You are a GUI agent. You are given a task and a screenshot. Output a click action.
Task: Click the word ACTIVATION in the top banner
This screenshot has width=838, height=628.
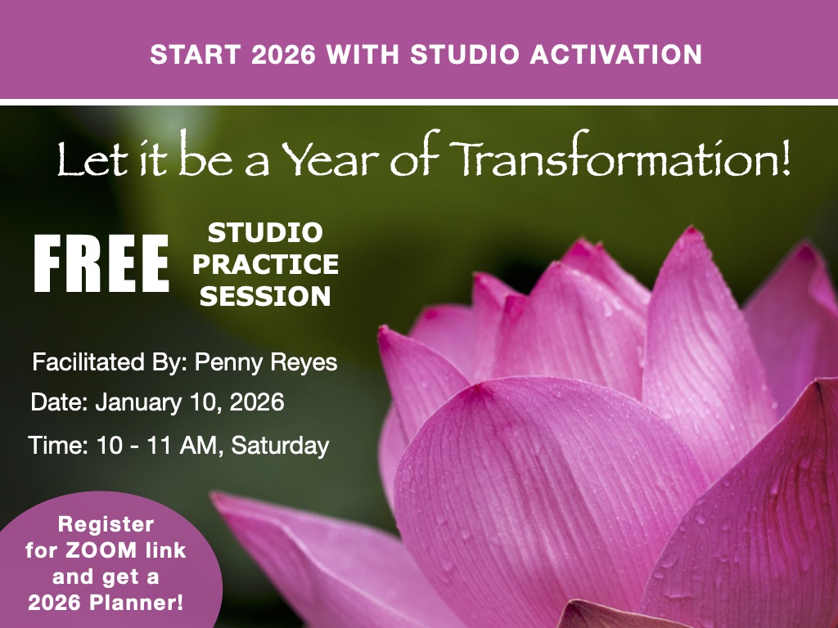point(616,55)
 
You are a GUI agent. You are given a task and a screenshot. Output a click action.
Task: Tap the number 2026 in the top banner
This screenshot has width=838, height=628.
point(283,55)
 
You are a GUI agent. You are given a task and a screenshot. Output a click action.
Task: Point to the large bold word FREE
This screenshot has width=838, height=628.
point(101,263)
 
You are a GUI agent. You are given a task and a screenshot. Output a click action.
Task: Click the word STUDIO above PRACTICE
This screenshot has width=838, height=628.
point(265,232)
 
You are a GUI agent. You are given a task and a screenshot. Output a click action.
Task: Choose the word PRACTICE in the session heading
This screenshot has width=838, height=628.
point(266,264)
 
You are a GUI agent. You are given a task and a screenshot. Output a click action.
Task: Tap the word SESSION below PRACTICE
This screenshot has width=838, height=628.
point(266,296)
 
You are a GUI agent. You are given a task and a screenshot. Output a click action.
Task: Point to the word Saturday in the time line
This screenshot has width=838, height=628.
point(280,446)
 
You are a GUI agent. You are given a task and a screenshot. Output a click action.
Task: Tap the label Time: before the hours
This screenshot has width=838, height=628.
point(59,446)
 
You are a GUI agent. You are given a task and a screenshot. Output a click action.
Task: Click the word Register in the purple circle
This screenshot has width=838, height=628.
point(106,524)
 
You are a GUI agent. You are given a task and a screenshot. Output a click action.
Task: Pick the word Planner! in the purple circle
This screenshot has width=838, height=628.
point(137,603)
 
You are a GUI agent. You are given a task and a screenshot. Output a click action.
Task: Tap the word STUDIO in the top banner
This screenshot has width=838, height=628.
point(465,55)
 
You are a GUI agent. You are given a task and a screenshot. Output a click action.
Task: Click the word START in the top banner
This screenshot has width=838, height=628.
point(195,55)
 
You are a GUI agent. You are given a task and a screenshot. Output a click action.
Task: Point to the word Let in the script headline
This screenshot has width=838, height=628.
point(92,159)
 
